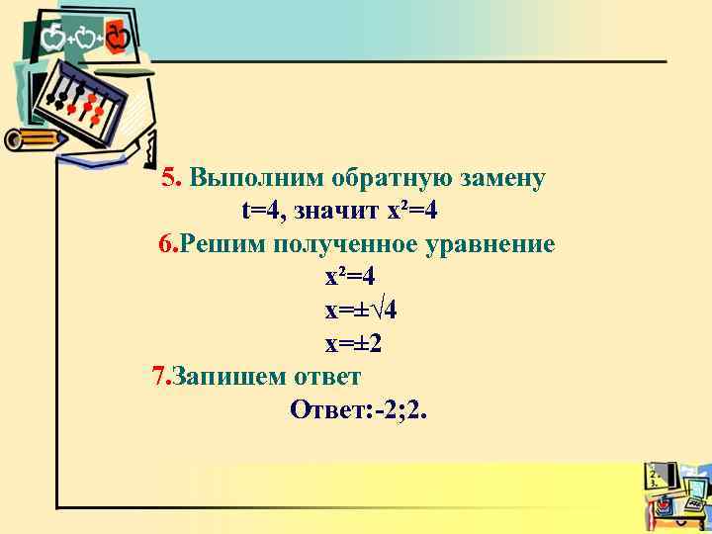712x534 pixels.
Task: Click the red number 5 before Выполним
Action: pyautogui.click(x=169, y=178)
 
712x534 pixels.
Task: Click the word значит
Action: pyautogui.click(x=337, y=211)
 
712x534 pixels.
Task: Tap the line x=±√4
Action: pyautogui.click(x=361, y=311)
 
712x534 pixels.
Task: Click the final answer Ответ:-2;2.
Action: pyautogui.click(x=359, y=409)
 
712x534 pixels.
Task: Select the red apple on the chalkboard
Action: pyautogui.click(x=118, y=39)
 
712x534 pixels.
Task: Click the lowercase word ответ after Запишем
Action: pyautogui.click(x=326, y=377)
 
